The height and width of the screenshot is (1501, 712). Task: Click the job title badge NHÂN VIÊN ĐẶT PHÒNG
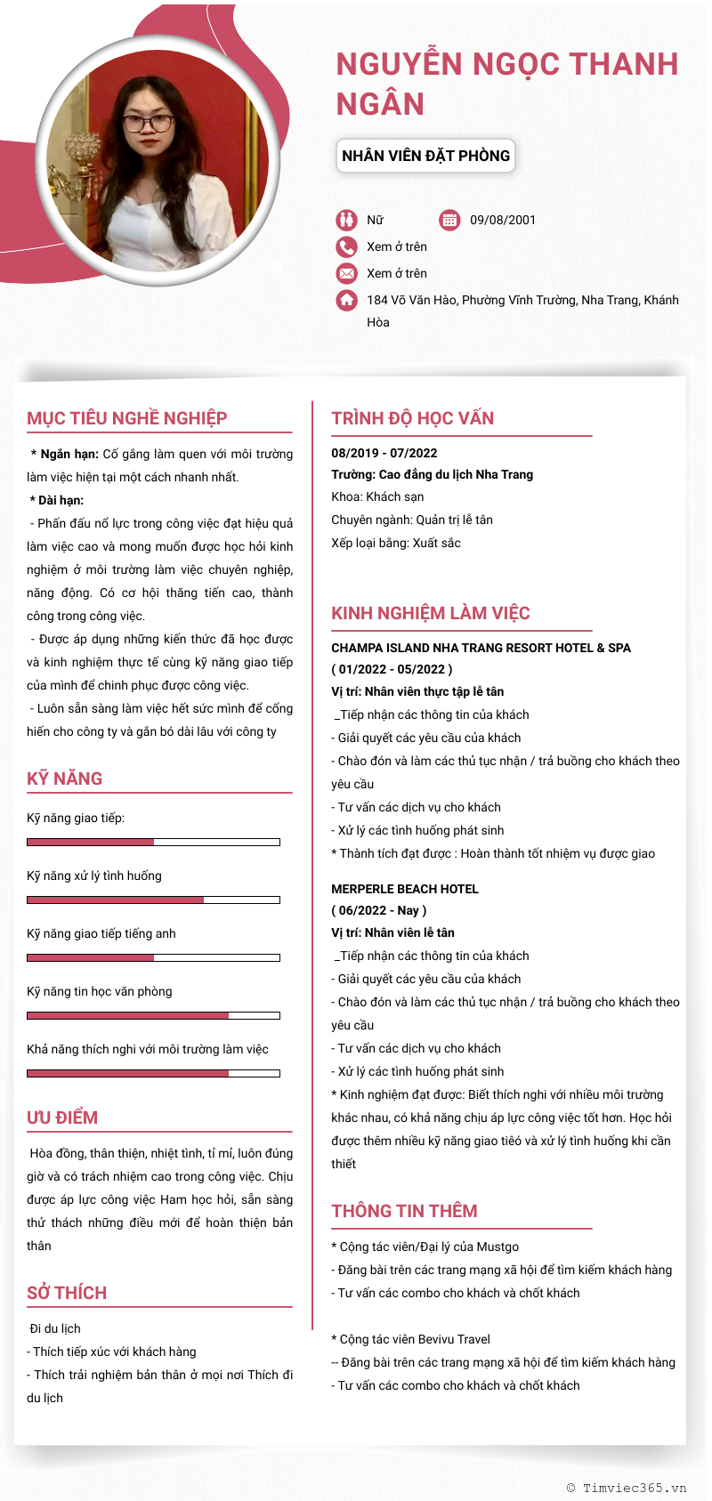[425, 156]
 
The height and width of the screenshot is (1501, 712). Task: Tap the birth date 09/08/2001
[503, 220]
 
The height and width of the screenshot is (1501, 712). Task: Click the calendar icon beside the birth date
[449, 220]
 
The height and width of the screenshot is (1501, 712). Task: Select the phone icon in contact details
[346, 246]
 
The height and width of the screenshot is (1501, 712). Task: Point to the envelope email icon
[346, 273]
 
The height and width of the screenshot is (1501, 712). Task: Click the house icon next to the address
[346, 300]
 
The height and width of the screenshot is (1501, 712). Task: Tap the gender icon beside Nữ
[346, 220]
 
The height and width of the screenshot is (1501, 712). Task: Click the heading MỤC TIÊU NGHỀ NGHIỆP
[126, 418]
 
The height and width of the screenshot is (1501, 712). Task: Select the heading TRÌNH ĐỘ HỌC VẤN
[412, 418]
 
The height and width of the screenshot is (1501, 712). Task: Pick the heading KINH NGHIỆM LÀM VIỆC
[430, 613]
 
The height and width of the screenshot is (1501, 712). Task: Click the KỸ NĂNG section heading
[64, 779]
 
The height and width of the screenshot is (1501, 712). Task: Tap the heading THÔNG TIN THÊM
[404, 1211]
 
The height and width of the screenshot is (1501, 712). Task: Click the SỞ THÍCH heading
[67, 1293]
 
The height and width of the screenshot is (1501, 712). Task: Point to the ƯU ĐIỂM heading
[62, 1118]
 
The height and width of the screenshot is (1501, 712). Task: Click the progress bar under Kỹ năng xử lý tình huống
[153, 900]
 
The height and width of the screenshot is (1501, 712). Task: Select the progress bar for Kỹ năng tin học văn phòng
[153, 1015]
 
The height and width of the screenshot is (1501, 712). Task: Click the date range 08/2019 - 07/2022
[384, 453]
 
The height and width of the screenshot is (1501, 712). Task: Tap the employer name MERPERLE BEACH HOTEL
[404, 889]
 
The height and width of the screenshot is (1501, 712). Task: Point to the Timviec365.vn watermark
[627, 1487]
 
